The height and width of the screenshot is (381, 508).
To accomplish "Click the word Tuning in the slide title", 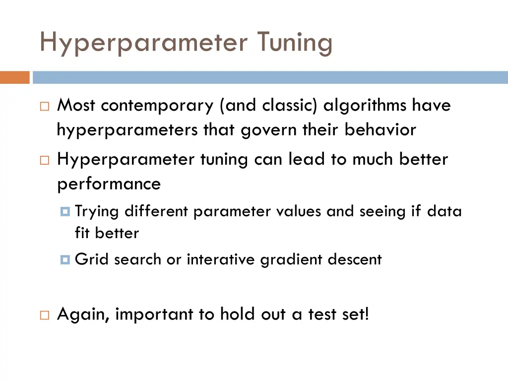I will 294,43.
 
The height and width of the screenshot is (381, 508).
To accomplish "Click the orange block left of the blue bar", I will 15,78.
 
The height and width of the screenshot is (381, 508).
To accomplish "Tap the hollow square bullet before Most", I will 45,106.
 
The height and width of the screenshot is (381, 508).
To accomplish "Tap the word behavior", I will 380,130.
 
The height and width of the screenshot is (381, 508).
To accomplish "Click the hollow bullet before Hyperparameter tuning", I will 45,160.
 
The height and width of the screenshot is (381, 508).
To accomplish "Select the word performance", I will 109,184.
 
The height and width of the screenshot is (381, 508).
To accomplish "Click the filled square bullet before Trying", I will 65,212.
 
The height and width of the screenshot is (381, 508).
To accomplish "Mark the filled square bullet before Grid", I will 65,259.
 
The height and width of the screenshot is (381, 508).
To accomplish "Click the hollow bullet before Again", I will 45,315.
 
